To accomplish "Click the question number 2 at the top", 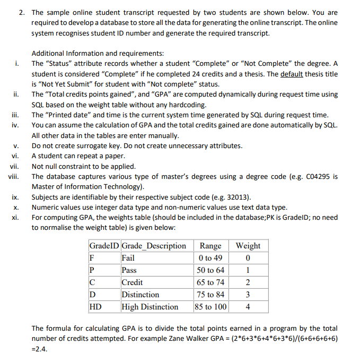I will click(x=21, y=12).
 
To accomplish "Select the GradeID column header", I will click(x=104, y=245).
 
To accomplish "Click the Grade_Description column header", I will click(x=154, y=245).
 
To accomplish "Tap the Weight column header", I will click(x=248, y=245).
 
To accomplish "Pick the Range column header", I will click(x=210, y=245).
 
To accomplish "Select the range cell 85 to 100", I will click(x=210, y=307).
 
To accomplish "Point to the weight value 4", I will click(x=248, y=307).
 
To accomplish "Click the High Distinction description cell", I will click(x=150, y=307).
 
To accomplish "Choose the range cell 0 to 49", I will click(x=210, y=258).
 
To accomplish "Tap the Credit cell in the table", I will click(x=132, y=282).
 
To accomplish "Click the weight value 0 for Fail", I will click(x=248, y=258).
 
